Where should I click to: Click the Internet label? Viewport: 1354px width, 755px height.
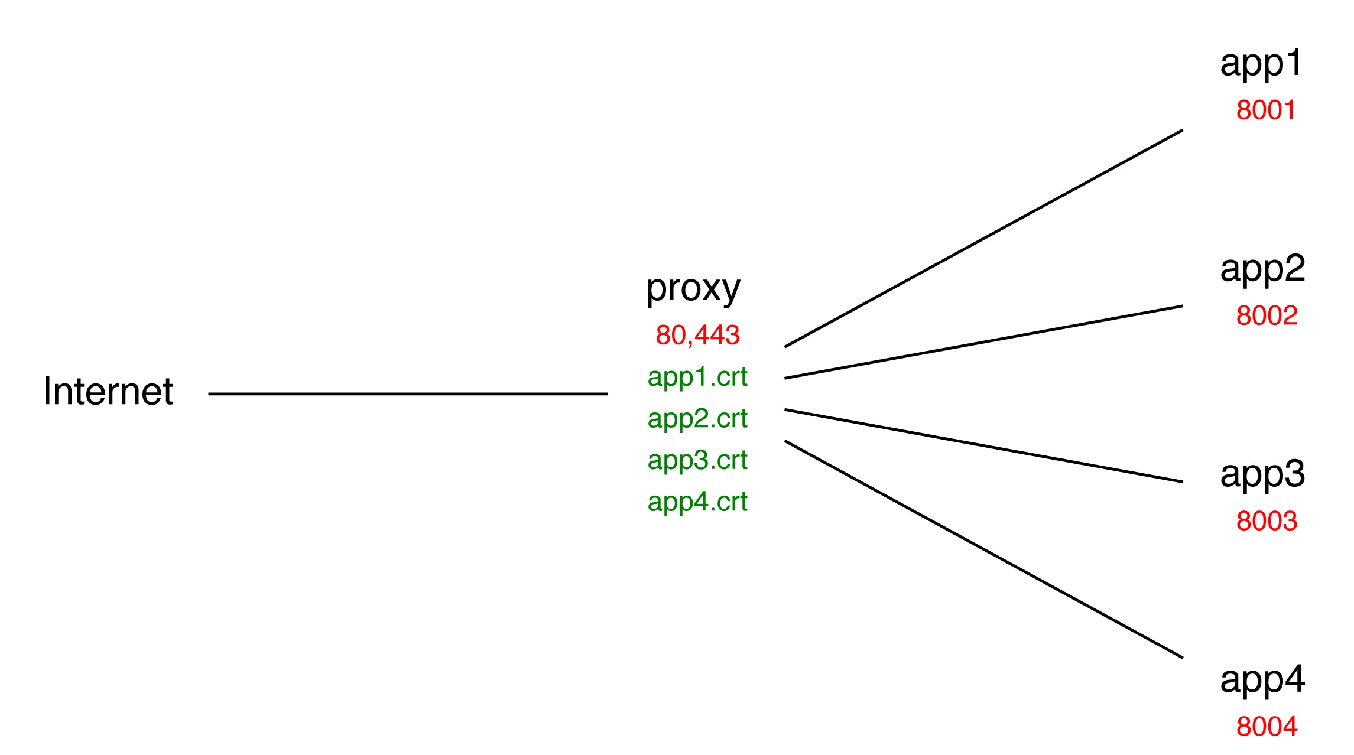108,392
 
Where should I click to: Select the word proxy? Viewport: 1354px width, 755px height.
693,289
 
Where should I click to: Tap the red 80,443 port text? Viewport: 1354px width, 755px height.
697,335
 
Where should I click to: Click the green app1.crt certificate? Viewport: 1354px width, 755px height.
697,377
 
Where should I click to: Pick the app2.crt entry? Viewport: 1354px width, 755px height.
697,419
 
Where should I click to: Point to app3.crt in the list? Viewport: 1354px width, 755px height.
697,460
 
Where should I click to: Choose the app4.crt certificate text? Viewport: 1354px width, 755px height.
697,502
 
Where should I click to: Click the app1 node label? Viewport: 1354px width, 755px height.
1261,64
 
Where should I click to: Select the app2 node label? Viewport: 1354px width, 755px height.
1262,269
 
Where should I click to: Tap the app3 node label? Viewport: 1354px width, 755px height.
1262,474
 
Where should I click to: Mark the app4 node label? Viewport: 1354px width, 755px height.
1262,680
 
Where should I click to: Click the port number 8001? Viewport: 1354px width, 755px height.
1265,110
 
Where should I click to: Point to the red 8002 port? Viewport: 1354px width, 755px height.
1267,315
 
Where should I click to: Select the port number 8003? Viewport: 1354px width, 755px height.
1267,521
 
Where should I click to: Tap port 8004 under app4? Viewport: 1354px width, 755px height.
1267,727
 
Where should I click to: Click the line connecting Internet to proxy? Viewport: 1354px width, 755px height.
408,393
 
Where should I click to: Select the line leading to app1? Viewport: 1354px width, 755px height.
983,238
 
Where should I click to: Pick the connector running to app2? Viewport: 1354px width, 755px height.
983,342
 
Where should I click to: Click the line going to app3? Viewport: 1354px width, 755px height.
983,446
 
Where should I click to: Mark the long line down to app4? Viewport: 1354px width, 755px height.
983,549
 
